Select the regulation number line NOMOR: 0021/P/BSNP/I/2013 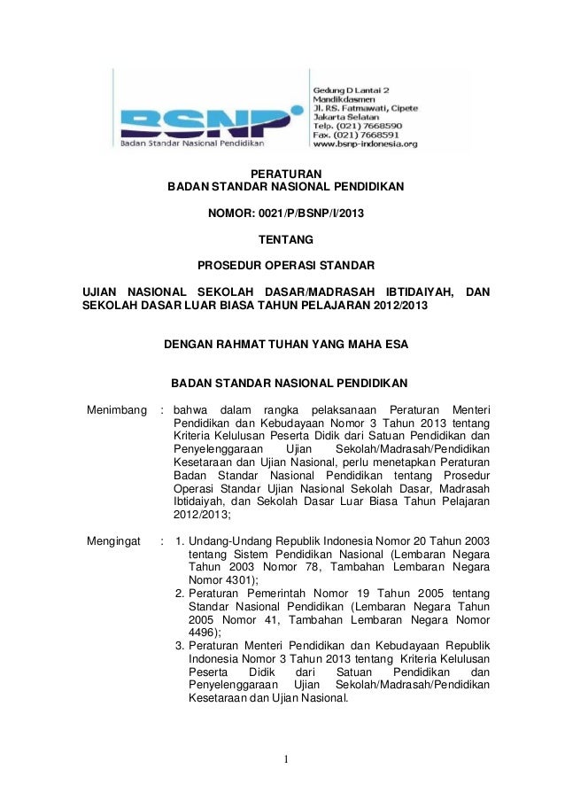[285, 214]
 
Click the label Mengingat [112, 540]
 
